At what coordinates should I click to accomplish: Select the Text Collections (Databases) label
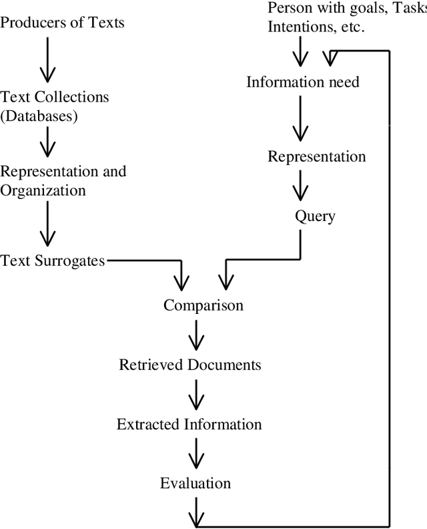[55, 106]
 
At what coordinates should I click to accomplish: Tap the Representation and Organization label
[63, 180]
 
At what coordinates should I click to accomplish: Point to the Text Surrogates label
[53, 260]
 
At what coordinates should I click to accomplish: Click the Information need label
[303, 82]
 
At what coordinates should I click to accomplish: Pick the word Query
[315, 216]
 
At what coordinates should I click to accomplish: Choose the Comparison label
[203, 306]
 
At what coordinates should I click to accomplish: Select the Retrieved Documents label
[190, 365]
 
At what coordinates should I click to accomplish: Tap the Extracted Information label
[189, 424]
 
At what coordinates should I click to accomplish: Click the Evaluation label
[195, 483]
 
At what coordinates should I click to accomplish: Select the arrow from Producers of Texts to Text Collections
[47, 60]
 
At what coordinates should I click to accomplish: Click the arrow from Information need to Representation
[300, 119]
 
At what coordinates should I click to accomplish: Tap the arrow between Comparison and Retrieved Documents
[195, 335]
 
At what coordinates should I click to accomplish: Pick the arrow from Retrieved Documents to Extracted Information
[195, 395]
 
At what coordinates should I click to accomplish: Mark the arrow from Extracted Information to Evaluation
[195, 454]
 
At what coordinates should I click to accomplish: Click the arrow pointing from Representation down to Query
[300, 186]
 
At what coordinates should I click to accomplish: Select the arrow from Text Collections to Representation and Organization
[47, 142]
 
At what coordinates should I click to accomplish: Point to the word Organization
[43, 190]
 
